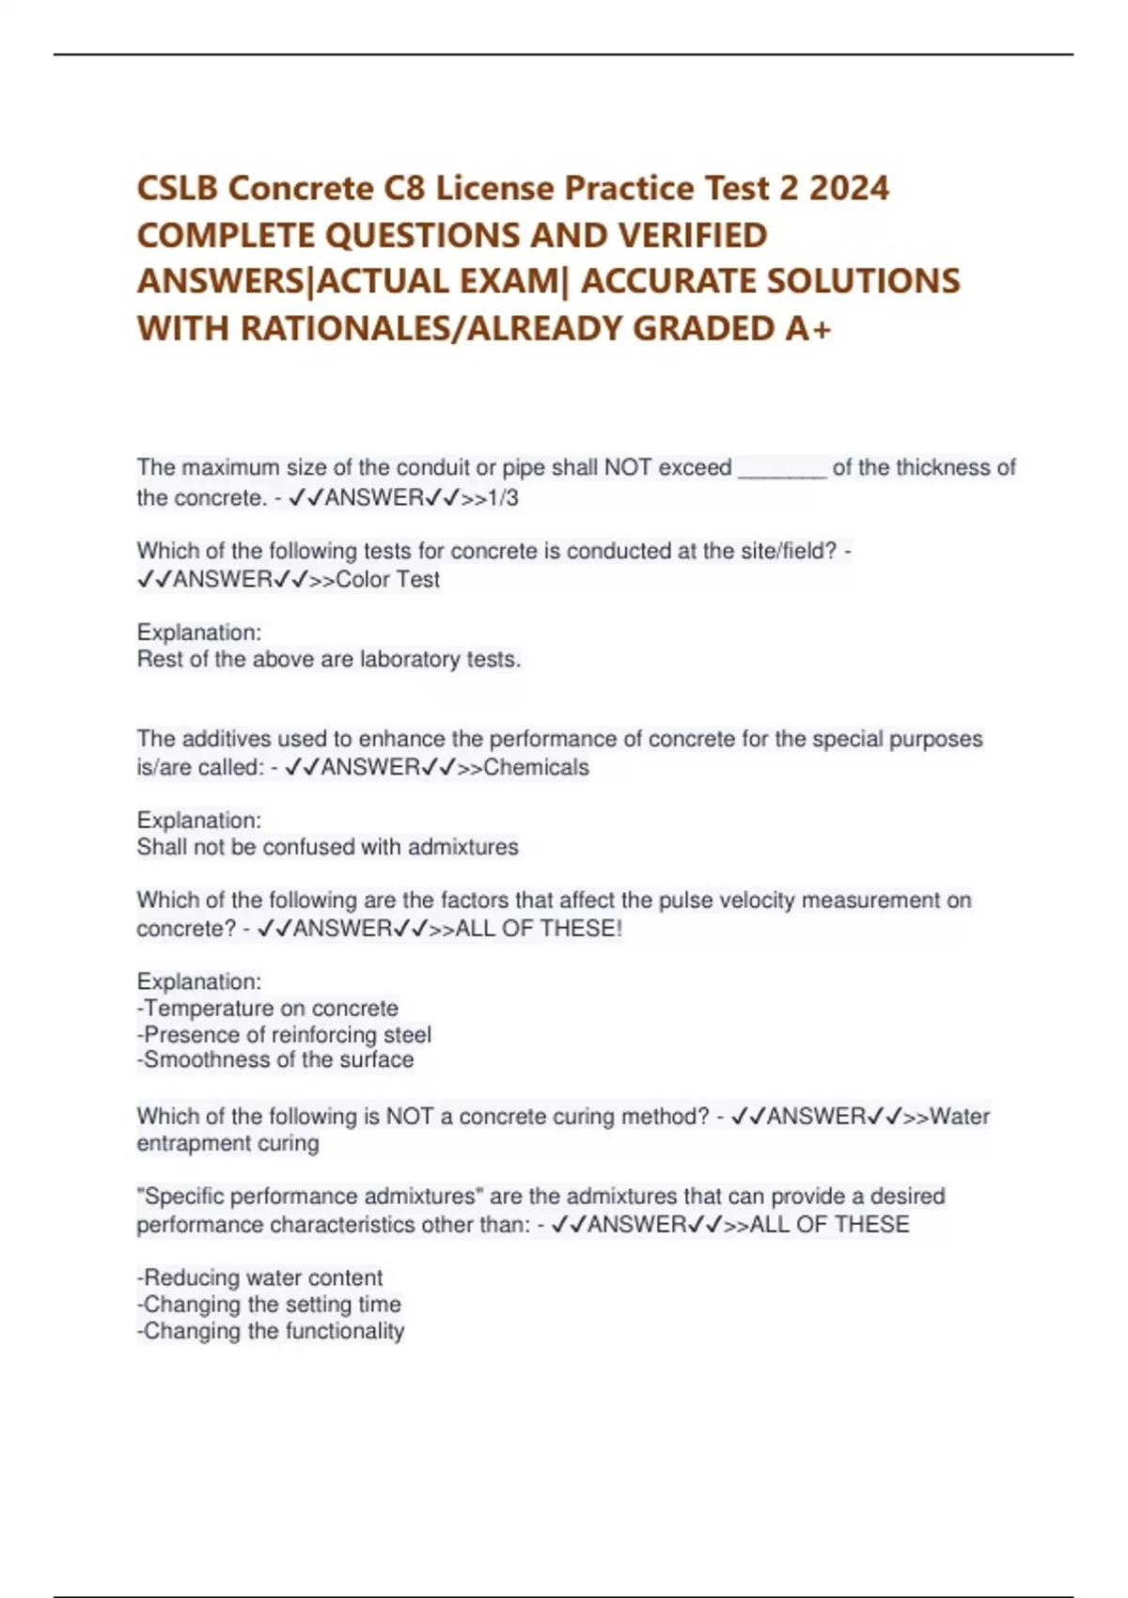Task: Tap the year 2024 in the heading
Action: pos(848,189)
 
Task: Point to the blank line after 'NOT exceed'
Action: pos(782,469)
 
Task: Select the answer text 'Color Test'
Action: pos(387,580)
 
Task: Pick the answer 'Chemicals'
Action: pos(536,768)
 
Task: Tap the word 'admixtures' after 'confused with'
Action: pos(463,848)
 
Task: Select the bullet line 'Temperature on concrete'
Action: pos(268,1009)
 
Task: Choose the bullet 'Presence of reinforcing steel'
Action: pos(285,1035)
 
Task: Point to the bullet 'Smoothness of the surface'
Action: pos(275,1060)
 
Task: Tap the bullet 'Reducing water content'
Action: pos(260,1278)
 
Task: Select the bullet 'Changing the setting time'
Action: pos(270,1305)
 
